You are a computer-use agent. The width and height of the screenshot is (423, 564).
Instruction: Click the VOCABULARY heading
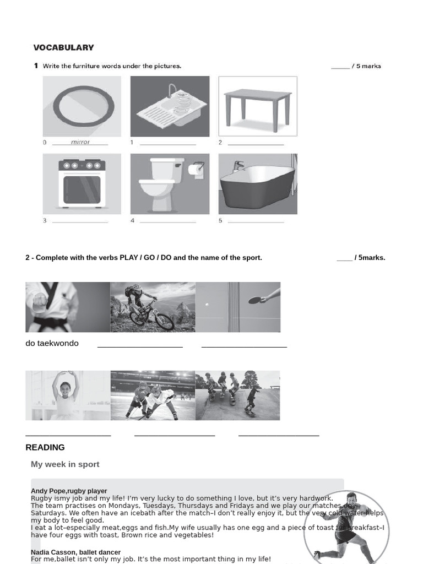tap(63, 47)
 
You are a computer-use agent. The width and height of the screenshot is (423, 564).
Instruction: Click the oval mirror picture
tap(82, 106)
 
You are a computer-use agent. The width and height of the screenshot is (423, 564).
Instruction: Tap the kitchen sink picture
tap(170, 106)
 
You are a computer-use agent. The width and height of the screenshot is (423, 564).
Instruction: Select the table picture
tap(258, 106)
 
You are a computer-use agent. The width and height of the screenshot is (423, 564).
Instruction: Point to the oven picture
tap(82, 184)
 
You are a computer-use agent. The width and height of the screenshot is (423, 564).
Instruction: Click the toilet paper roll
tap(196, 169)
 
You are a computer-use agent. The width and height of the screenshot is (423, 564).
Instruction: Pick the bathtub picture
tap(258, 184)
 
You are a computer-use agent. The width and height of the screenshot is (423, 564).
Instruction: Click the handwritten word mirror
tap(80, 142)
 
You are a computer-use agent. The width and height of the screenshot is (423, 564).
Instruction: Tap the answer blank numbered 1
tap(168, 144)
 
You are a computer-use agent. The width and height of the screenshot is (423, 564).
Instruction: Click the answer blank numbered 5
tap(256, 221)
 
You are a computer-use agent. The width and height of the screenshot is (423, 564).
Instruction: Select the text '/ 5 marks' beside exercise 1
tap(366, 66)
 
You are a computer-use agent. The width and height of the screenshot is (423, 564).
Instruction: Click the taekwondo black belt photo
tap(68, 307)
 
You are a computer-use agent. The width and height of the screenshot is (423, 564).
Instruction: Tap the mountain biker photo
tap(153, 307)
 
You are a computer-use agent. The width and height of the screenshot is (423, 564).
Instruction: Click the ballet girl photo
tap(68, 395)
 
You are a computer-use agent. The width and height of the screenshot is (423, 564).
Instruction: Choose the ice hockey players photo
tap(153, 395)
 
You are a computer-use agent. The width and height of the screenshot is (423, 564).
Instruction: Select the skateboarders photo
tap(237, 395)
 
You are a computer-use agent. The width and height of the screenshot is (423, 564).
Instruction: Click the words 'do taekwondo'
tap(52, 343)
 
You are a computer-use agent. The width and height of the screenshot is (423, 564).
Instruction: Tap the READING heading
tap(45, 447)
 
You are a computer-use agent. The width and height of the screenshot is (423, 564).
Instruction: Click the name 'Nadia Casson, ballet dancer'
tap(75, 552)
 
